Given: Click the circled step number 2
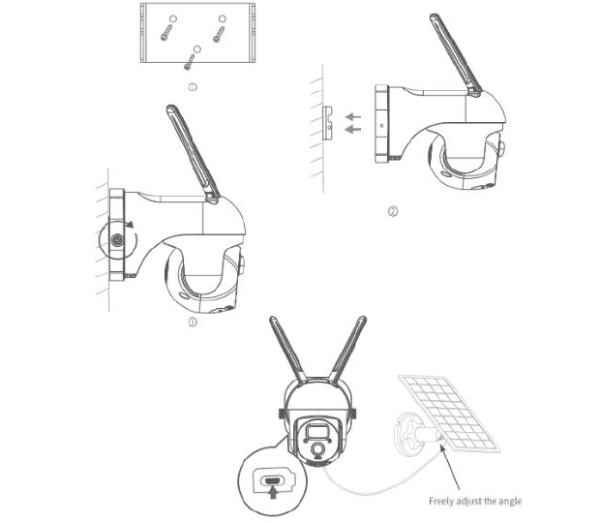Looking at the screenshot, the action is click(393, 211).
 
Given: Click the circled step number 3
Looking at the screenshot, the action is click(193, 323).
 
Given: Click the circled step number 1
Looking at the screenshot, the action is click(193, 87).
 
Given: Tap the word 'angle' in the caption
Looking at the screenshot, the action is click(510, 502).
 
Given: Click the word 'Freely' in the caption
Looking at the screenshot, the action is click(441, 502).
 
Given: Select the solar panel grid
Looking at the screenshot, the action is click(450, 414).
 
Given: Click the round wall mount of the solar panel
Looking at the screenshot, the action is click(405, 434).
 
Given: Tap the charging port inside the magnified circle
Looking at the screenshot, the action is click(273, 480).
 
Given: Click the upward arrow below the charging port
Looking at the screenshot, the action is click(273, 492).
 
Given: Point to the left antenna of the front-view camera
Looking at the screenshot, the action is click(287, 350).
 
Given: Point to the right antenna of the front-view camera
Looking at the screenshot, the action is click(347, 350).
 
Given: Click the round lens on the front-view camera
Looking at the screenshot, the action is click(317, 449).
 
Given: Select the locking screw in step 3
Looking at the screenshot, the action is click(117, 240).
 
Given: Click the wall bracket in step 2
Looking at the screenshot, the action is click(327, 123).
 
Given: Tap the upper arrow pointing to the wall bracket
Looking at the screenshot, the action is click(353, 116).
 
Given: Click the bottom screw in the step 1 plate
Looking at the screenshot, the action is click(190, 62).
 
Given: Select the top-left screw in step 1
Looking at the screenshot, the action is click(166, 32).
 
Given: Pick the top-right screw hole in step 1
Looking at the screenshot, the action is click(223, 18).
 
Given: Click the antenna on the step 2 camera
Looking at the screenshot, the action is click(456, 54).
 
